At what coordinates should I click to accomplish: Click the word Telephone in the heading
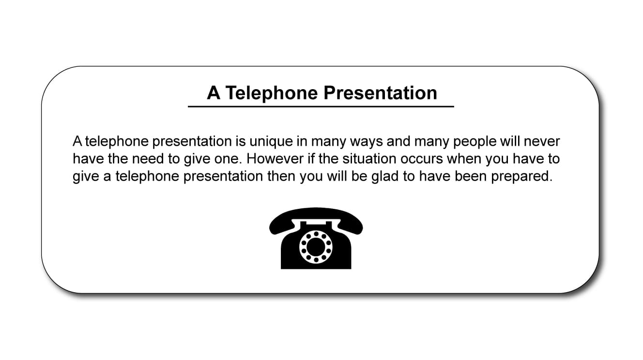272,93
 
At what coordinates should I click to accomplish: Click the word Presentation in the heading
381,93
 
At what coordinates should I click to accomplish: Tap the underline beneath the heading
321,107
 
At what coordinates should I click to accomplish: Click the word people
475,142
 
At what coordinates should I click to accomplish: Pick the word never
542,142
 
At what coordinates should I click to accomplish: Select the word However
275,159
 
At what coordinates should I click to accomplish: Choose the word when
464,159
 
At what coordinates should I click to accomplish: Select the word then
281,176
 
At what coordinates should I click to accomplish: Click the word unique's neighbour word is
241,141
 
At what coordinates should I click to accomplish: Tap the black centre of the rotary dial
316,247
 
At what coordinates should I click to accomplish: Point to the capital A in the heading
214,93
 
